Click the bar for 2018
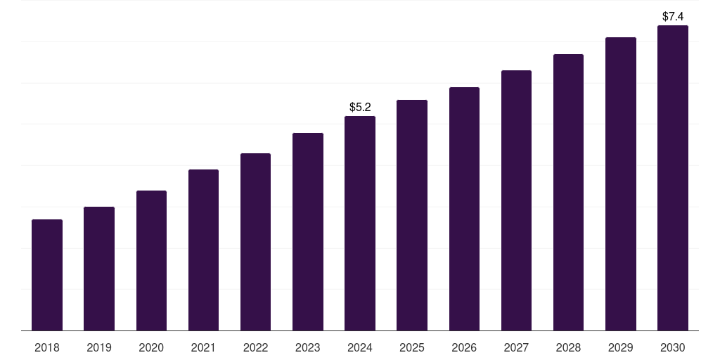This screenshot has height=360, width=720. pos(47,275)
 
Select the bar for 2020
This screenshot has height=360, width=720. pos(151,260)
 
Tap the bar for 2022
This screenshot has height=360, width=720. pos(255,242)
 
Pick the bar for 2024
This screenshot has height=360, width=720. pos(360,223)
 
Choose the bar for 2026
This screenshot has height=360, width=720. pos(464,209)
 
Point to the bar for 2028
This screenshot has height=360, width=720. pos(568,192)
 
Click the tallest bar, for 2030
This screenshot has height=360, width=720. pos(672,178)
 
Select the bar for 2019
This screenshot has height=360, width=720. pos(99,269)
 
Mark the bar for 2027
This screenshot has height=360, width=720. pos(516,200)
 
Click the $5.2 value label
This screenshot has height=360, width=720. pos(360,108)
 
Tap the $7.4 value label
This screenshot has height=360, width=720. pos(673,16)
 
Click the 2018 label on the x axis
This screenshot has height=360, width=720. pos(47,347)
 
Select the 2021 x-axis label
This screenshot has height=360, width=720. pos(203,347)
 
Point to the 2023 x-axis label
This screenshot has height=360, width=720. pos(308,347)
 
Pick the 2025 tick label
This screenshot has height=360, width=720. pos(412,347)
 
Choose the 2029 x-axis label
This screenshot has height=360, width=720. pos(620,347)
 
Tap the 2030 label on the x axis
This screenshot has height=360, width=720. pos(672,347)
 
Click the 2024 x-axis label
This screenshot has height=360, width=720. pos(360,347)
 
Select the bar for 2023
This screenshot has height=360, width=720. pos(308,231)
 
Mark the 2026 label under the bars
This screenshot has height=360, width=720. pos(464,347)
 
